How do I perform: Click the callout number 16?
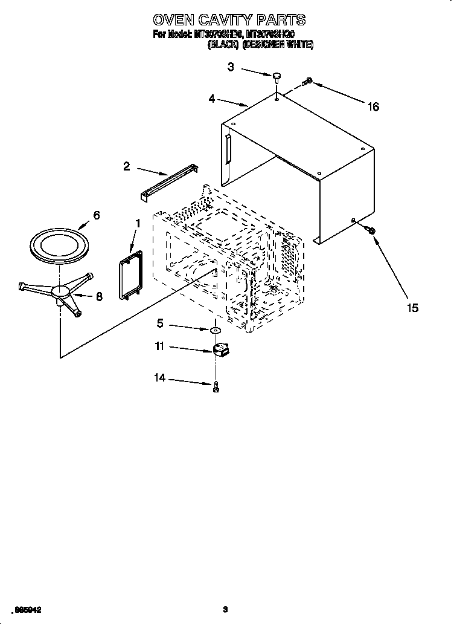point(373,107)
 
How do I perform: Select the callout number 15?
point(412,308)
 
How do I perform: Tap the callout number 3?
point(231,67)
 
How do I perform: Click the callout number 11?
point(159,347)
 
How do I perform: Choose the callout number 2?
point(126,166)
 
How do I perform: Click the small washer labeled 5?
point(215,331)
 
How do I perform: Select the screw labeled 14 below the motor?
point(216,387)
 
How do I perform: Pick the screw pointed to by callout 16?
point(307,81)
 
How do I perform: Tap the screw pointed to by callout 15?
point(371,230)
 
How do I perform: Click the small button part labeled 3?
point(277,76)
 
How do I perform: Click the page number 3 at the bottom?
point(224,610)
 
